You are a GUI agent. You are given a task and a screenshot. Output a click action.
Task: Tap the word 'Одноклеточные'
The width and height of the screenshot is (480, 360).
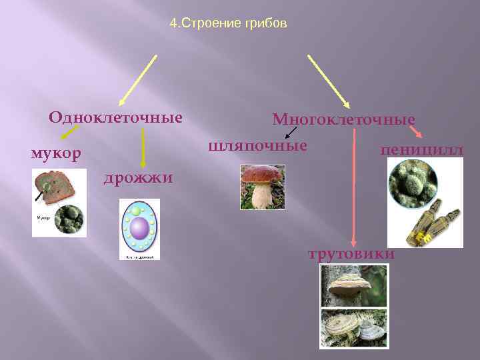pos(115,118)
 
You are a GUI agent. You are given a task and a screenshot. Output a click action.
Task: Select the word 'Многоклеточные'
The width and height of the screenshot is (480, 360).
pos(343,120)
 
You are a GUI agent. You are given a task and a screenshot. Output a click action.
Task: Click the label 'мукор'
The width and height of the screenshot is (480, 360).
pos(56,153)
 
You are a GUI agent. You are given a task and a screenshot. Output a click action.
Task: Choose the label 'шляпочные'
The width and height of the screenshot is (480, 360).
pos(258,145)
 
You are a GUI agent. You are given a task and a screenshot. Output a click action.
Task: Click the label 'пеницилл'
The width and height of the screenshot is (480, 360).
pos(421,150)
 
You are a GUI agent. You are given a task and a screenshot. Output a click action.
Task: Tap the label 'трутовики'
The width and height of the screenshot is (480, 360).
pos(351,254)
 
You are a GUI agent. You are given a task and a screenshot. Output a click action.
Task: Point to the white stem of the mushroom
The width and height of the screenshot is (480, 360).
pos(262,196)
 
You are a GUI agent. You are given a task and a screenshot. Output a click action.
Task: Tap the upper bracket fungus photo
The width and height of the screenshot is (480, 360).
pos(353,285)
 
